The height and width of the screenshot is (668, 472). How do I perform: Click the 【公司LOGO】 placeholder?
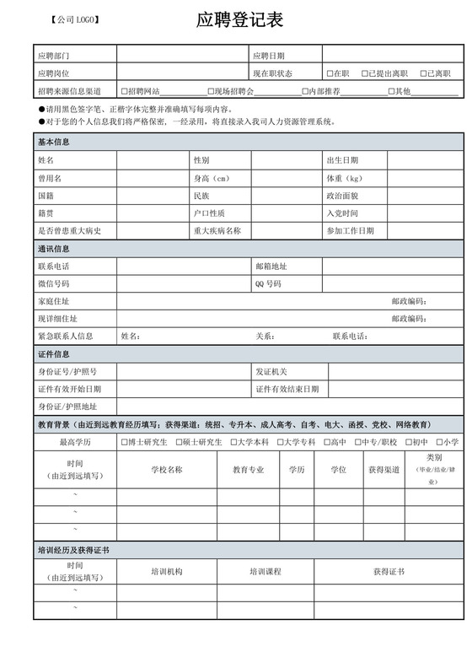coord(75,19)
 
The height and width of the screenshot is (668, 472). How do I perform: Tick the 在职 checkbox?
coord(330,73)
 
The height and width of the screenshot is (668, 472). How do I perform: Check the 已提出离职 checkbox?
coord(365,73)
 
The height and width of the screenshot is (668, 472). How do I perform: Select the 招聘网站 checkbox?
coord(125,91)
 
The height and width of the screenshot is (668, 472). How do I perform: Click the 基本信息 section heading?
coord(54,142)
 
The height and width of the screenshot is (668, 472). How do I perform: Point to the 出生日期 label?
coord(342,160)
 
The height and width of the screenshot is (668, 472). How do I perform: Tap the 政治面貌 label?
coord(342,196)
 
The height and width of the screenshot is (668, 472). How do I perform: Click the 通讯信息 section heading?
coord(54,249)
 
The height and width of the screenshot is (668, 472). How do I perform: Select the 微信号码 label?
coord(54,284)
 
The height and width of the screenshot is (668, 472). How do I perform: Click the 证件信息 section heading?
coord(54,354)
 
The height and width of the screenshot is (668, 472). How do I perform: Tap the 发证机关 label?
coord(271,372)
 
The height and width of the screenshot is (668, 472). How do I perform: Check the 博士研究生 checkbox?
coord(125,442)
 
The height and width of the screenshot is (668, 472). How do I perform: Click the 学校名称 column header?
coord(166,470)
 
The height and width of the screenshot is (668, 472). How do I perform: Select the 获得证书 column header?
coord(389,572)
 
